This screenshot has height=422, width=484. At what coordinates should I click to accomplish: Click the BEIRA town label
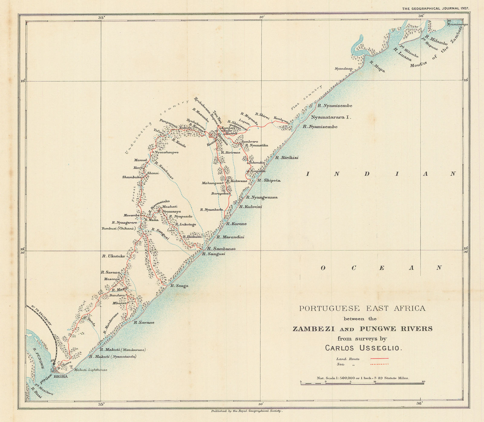click(x=60, y=377)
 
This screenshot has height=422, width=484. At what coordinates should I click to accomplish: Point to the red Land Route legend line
click(x=379, y=358)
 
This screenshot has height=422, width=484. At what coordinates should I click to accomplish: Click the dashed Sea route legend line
click(x=379, y=365)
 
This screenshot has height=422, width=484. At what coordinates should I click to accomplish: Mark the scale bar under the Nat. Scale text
click(x=362, y=384)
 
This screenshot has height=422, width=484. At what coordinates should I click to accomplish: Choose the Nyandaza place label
click(x=344, y=69)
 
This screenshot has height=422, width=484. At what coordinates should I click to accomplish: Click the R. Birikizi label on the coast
click(x=286, y=158)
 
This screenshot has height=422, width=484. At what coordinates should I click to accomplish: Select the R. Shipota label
click(x=269, y=180)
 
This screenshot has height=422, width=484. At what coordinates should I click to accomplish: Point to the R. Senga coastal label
click(x=179, y=286)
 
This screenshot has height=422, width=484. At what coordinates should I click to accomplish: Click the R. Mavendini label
click(x=230, y=237)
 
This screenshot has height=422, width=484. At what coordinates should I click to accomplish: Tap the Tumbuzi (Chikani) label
click(x=118, y=228)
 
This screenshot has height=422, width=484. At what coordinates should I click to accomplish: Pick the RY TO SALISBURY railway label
click(x=41, y=315)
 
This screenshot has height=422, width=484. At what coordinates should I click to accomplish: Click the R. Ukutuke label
click(x=113, y=256)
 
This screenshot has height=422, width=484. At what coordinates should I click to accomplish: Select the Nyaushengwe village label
click(x=166, y=152)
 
